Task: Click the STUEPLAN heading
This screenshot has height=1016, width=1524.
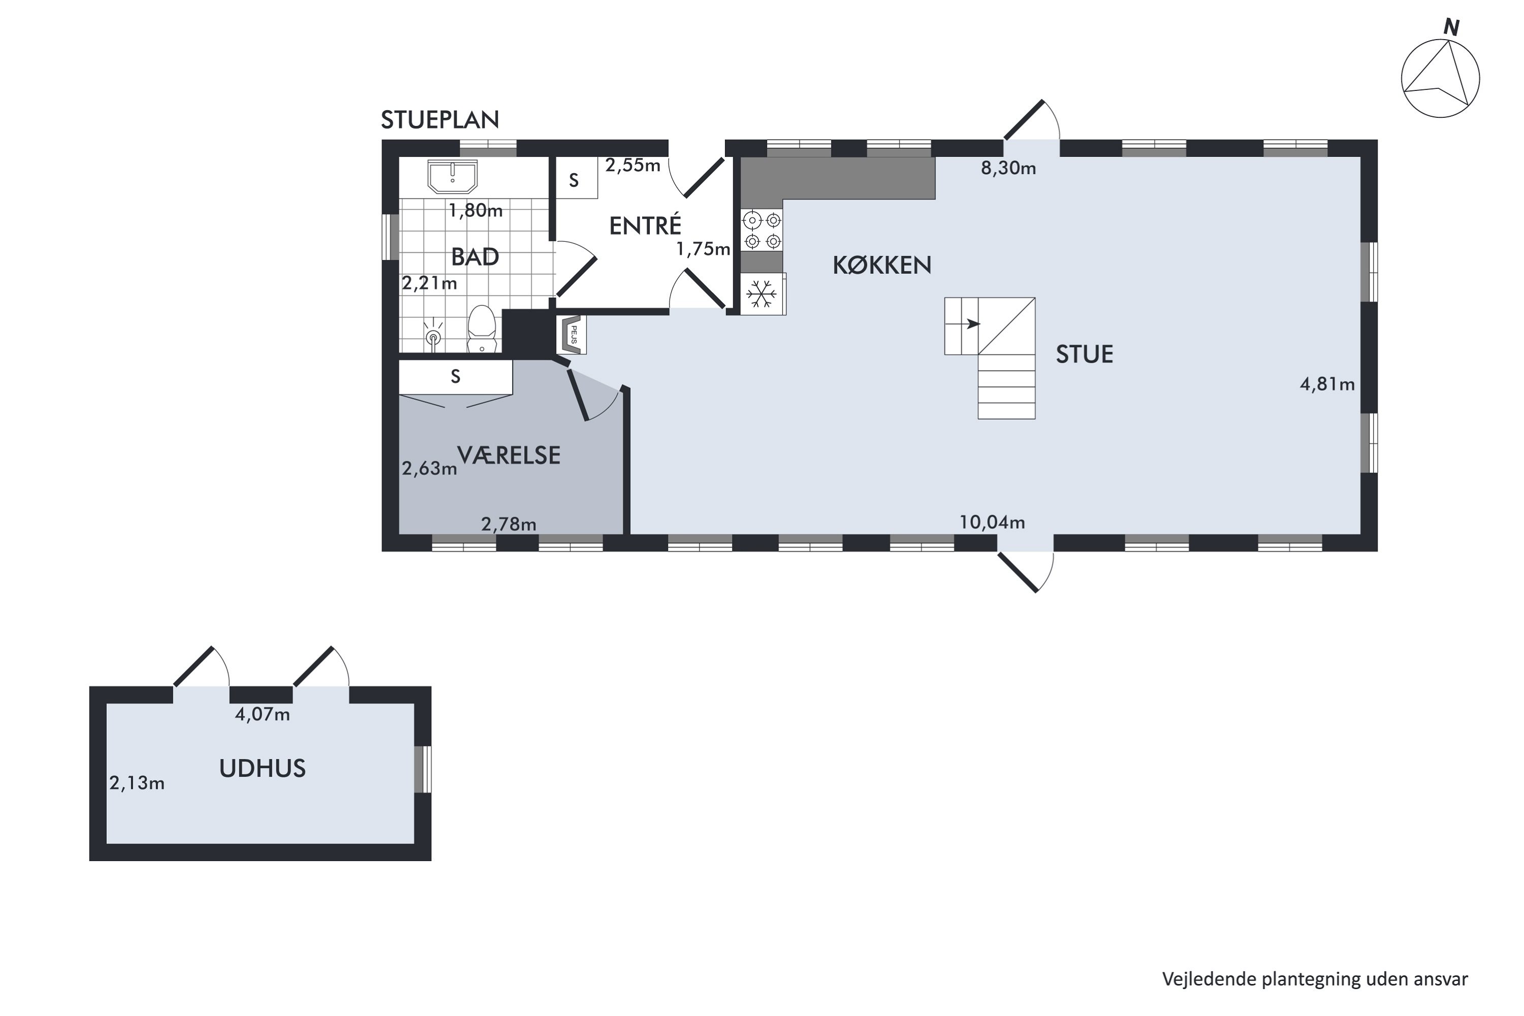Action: pyautogui.click(x=439, y=120)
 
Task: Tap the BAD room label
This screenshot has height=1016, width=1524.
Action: pyautogui.click(x=475, y=257)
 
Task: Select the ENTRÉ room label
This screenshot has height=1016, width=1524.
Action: pyautogui.click(x=645, y=226)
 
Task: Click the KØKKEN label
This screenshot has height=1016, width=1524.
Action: pyautogui.click(x=882, y=265)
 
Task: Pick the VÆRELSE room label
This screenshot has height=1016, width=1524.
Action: pyautogui.click(x=509, y=456)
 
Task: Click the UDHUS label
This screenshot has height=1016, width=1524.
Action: pyautogui.click(x=263, y=769)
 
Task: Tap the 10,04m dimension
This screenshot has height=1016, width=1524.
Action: pyautogui.click(x=992, y=522)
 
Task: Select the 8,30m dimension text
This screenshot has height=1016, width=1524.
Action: pyautogui.click(x=1008, y=169)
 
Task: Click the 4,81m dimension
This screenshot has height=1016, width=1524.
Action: pyautogui.click(x=1327, y=384)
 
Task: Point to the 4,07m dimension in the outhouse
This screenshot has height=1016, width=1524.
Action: pyautogui.click(x=263, y=715)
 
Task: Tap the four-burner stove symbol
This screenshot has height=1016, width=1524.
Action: pyautogui.click(x=762, y=231)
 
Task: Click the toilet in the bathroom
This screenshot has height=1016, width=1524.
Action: pyautogui.click(x=482, y=330)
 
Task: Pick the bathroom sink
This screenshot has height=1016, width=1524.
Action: pyautogui.click(x=452, y=177)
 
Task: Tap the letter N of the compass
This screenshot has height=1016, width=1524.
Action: pyautogui.click(x=1451, y=28)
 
